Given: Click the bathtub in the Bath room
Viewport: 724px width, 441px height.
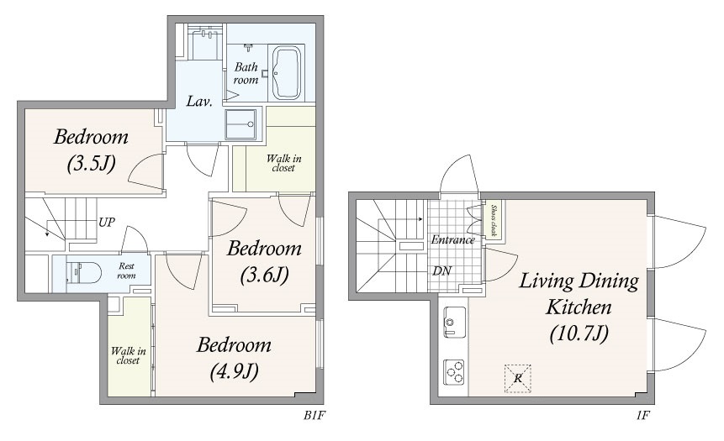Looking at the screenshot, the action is coord(287,73).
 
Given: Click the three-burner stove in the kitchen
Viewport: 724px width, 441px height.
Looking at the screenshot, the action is coord(454,372).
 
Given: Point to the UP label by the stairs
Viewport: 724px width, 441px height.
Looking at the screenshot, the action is coord(107,223).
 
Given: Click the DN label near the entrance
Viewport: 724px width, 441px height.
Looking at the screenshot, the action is coord(441,271).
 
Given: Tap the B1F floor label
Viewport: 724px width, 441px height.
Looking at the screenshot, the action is coord(314,416).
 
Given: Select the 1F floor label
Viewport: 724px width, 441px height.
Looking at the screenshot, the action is coord(642,416).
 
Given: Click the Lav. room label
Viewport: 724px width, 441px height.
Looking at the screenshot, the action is coord(199,101).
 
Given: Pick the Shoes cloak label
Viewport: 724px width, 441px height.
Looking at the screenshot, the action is coord(493,220).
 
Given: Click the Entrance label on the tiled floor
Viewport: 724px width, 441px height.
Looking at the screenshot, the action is coord(453,240).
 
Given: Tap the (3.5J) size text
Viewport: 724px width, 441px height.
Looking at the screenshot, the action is coord(91,163).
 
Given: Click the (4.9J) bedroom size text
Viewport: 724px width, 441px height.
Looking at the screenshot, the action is coord(234,371).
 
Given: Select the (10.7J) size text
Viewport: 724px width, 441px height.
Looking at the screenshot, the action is coord(579,333).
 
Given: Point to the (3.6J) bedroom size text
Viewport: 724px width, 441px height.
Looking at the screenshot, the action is coord(265,275).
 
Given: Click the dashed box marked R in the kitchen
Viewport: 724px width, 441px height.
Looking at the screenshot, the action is coord(518,379).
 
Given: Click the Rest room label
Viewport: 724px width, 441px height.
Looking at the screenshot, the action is coord(126,270).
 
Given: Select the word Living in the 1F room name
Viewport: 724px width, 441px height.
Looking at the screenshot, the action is coord(547,281).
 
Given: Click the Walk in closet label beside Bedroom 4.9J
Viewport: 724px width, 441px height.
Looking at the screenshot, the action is coord(128,355).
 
